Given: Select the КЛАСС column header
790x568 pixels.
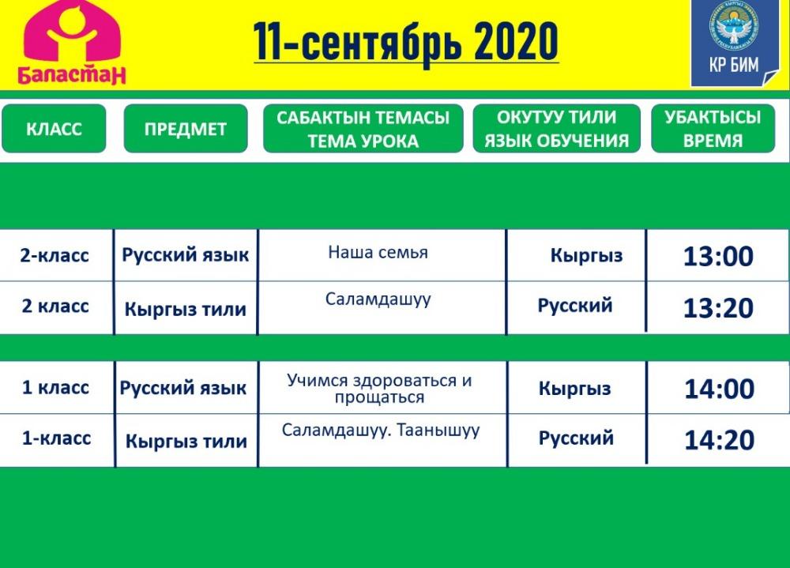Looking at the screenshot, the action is [x=54, y=129].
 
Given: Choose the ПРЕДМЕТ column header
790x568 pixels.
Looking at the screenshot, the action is [x=186, y=129].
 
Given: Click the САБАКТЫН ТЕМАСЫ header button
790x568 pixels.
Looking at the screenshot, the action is [x=363, y=129].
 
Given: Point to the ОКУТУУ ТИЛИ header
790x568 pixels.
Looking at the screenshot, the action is [x=556, y=129].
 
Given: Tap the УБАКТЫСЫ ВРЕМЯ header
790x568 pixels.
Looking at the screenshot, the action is [x=713, y=129].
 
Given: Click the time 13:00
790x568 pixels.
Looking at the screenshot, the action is [x=718, y=256].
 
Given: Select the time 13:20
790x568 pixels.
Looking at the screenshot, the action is [x=718, y=308].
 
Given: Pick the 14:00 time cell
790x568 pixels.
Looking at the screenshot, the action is [x=719, y=389].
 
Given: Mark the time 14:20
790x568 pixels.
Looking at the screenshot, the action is [x=719, y=439].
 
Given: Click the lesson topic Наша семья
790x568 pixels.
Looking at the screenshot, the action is [x=378, y=252].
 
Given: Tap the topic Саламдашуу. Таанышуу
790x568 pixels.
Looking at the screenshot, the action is [x=381, y=431].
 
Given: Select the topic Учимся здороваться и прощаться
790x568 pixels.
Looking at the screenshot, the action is [x=379, y=389].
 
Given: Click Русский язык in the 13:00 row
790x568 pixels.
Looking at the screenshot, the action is [x=186, y=255].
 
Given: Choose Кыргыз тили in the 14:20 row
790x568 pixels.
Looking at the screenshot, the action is [x=186, y=442].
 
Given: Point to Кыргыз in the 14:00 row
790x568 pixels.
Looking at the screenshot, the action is [x=575, y=389].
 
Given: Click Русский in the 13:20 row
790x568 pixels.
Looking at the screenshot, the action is [x=575, y=306].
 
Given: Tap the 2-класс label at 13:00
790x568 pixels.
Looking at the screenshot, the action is [x=55, y=255].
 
